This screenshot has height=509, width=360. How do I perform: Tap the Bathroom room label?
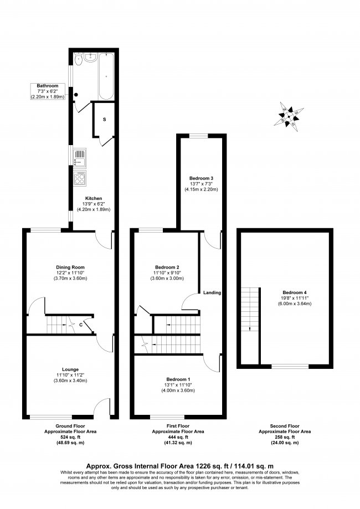(x=48, y=86)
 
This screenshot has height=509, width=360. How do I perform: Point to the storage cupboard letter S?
(x=104, y=119)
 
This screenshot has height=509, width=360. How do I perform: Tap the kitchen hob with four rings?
(x=79, y=178)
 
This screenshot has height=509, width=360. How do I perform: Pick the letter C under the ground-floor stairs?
(x=81, y=325)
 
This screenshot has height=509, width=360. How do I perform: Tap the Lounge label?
(x=70, y=369)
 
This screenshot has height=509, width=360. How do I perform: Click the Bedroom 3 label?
(x=202, y=178)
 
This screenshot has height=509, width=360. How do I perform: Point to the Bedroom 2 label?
(x=167, y=267)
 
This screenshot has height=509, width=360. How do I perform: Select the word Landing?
(x=212, y=292)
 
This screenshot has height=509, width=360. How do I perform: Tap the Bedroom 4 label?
(x=294, y=292)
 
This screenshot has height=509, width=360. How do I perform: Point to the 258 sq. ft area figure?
(x=285, y=438)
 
